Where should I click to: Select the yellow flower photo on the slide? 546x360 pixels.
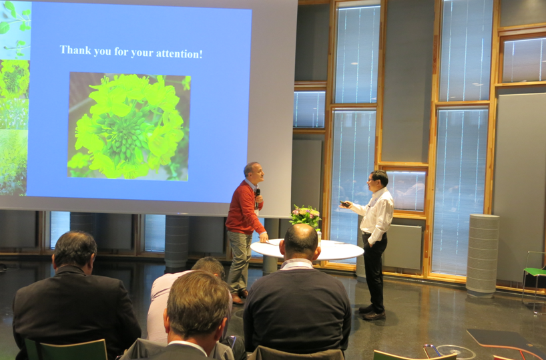129,126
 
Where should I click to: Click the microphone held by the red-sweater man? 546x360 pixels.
258,194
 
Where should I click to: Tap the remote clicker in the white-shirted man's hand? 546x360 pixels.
344,204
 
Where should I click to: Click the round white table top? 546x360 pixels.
307,249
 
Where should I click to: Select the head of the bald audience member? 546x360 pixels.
300,242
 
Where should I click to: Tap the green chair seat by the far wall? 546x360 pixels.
535,271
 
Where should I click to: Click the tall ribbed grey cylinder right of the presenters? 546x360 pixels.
483,255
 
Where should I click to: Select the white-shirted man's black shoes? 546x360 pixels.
372,313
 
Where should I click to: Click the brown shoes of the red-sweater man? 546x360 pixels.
240,296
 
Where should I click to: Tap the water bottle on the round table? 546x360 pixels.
318,236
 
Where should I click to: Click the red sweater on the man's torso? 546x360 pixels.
243,208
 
